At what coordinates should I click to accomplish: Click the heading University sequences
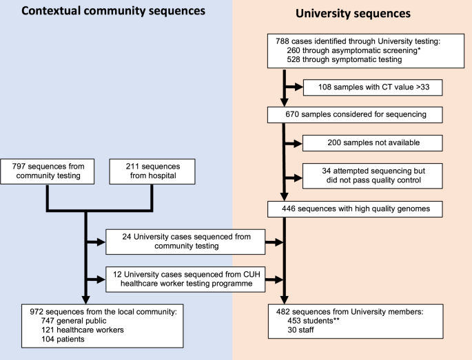pyautogui.click(x=353, y=12)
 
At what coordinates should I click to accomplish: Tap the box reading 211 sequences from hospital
pyautogui.click(x=152, y=170)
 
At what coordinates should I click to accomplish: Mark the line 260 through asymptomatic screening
pyautogui.click(x=342, y=51)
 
